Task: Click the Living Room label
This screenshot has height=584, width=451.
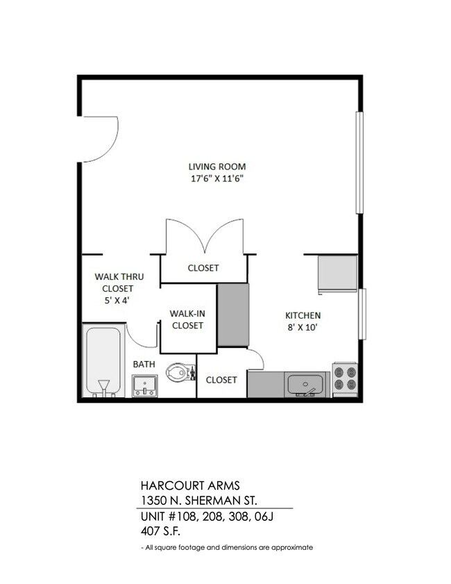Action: pos(216,167)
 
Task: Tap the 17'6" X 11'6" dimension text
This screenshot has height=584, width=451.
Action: pos(216,178)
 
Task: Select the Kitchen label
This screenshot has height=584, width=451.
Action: pos(302,315)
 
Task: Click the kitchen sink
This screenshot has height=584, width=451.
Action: pos(306,383)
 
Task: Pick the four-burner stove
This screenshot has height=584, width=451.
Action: pos(344,379)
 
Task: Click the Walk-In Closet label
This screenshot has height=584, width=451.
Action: pos(187,319)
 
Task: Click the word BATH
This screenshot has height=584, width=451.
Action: pos(144,364)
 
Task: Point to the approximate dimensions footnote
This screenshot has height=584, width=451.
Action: pos(227,547)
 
